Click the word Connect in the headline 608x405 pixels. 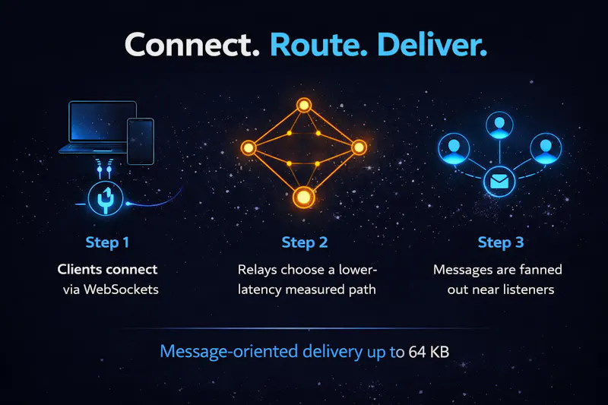click(x=192, y=45)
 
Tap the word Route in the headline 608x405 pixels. click(x=318, y=45)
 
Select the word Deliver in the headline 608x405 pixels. click(x=432, y=45)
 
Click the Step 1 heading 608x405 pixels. click(x=107, y=242)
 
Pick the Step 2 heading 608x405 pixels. click(x=305, y=242)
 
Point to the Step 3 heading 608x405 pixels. click(x=501, y=242)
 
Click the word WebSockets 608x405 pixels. click(x=121, y=290)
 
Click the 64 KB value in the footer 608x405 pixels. click(x=429, y=353)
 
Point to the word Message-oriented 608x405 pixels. click(x=229, y=352)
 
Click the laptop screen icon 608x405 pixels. click(x=103, y=122)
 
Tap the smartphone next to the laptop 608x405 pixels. click(x=141, y=141)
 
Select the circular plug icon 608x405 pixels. click(x=106, y=199)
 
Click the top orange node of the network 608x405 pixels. click(x=304, y=105)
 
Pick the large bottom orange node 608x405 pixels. click(x=303, y=198)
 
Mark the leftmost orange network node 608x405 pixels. click(x=249, y=147)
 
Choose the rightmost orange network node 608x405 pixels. click(x=359, y=147)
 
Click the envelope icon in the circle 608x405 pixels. click(x=499, y=182)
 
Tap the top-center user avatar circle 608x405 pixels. click(x=499, y=125)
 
